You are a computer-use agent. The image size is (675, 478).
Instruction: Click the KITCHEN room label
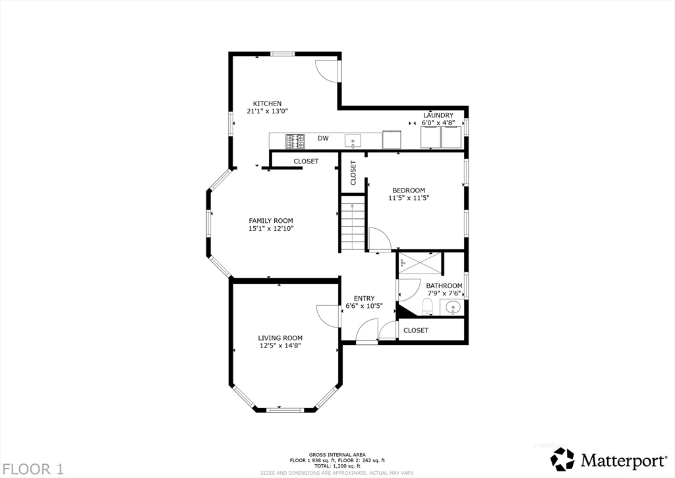(268, 104)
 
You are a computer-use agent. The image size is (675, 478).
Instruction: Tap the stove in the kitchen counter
(295, 140)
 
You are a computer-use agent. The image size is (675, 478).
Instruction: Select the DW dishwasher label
(323, 138)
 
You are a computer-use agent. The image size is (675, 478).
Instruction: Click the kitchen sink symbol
(353, 140)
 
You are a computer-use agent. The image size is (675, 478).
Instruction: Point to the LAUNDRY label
(438, 115)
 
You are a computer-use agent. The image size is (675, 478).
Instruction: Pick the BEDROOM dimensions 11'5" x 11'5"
(409, 198)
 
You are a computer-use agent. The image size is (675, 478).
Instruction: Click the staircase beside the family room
(353, 224)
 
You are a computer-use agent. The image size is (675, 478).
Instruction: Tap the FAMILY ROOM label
(270, 221)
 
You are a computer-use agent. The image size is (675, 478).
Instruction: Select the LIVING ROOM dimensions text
(279, 345)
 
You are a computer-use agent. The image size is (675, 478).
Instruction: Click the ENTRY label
(364, 299)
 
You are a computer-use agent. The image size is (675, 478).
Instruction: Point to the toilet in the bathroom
(426, 307)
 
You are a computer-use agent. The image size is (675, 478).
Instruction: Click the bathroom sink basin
(453, 307)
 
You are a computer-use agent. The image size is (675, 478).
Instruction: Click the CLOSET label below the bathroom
(415, 330)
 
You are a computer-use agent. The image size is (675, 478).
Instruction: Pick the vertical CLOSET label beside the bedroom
(353, 172)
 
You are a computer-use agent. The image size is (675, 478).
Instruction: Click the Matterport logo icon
(562, 459)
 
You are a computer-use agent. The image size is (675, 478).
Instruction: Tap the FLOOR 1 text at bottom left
(32, 469)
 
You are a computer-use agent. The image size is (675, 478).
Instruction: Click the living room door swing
(328, 315)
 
